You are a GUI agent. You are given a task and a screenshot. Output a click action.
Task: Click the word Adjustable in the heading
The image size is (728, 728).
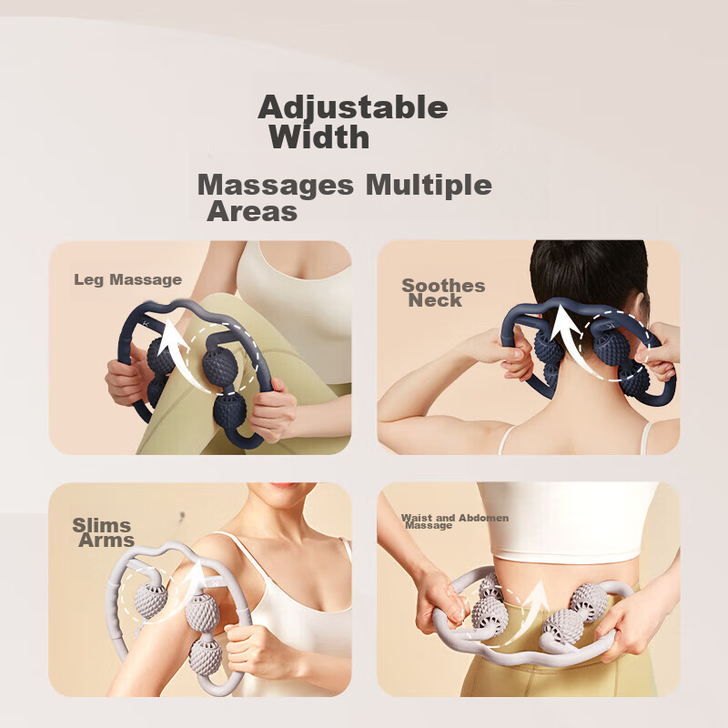[353, 107]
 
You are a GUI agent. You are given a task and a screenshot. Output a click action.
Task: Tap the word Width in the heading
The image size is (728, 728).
[319, 137]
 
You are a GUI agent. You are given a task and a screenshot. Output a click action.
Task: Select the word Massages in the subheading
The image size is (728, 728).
[276, 185]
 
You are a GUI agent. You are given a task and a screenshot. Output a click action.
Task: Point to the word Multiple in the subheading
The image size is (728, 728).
[429, 185]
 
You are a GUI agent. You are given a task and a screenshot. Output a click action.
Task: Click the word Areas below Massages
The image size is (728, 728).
[252, 212]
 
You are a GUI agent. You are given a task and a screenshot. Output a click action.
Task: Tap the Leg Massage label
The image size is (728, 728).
[127, 279]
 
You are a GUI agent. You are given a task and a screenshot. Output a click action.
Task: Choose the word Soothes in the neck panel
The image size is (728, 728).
[443, 286]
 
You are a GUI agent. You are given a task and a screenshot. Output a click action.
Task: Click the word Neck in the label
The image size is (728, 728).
[435, 300]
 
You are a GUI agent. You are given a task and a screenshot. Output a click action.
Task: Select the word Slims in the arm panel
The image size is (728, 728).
[102, 525]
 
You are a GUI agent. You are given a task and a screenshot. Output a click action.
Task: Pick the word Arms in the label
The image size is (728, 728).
[106, 541]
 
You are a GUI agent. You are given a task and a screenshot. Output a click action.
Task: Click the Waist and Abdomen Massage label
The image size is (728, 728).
[454, 521]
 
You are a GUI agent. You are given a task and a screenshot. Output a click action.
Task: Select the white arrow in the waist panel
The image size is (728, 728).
[535, 598]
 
